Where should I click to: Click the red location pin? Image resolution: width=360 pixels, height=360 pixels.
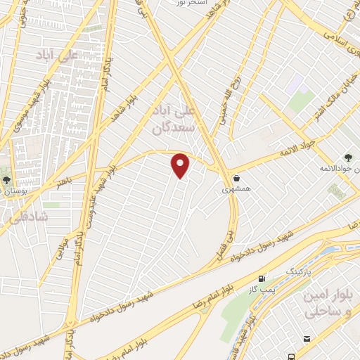(181, 166)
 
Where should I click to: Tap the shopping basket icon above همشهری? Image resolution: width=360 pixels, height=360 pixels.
(236, 179)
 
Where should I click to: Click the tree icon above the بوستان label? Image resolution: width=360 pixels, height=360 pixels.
(6, 179)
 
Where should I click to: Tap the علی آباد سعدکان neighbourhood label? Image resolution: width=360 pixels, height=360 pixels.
(171, 120)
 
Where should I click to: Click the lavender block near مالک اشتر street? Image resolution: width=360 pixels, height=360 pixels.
(294, 86)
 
